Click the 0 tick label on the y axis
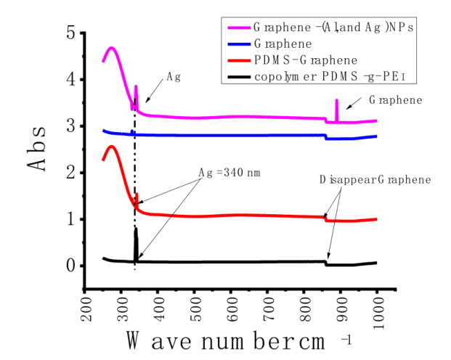(70, 266)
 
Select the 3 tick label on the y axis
(70, 126)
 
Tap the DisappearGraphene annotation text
(375, 179)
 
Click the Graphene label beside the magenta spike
(395, 100)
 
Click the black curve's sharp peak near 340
(136, 230)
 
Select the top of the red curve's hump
(112, 147)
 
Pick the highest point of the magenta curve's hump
(112, 48)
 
